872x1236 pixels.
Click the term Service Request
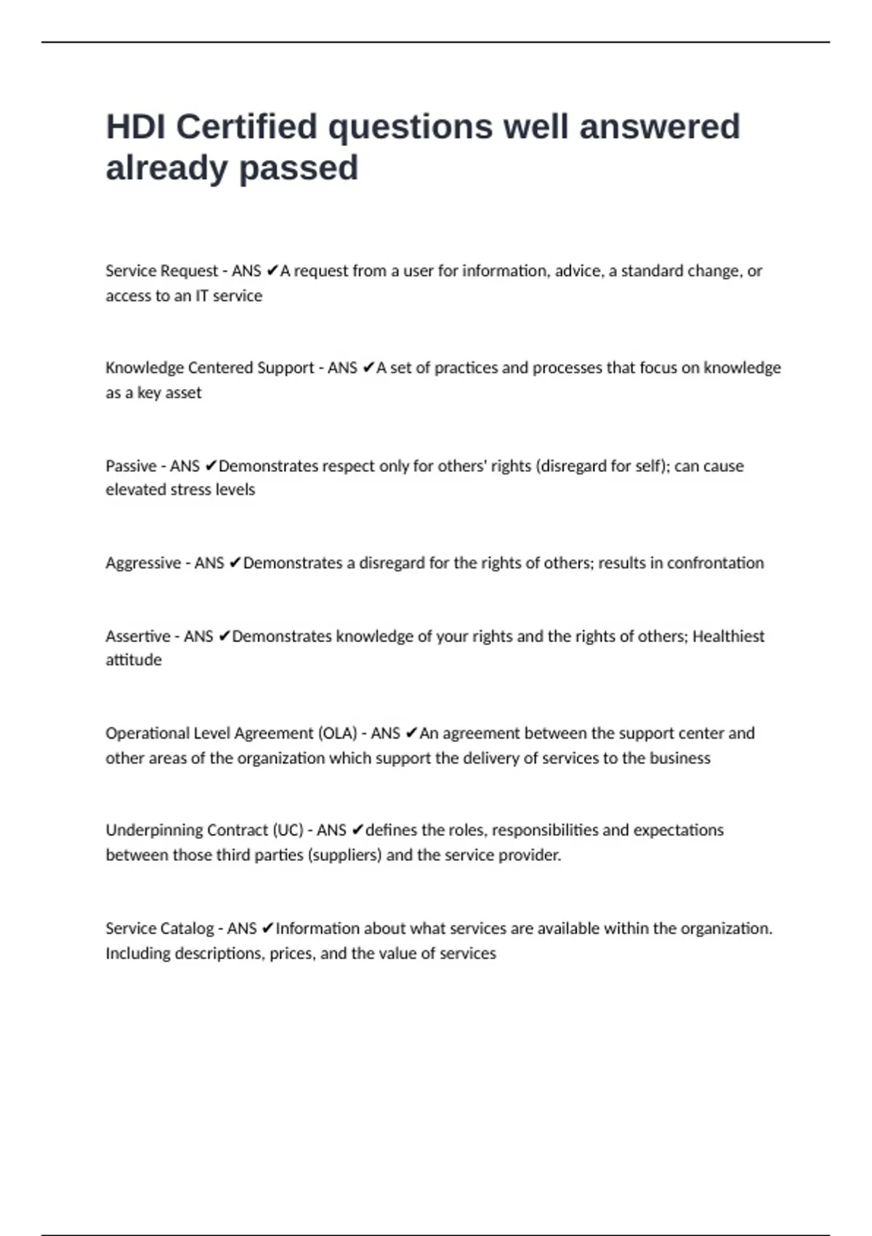tap(161, 271)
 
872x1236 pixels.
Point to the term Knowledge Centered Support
tap(209, 368)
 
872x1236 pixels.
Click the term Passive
tap(131, 466)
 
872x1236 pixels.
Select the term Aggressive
tap(143, 563)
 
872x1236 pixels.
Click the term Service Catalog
tap(159, 928)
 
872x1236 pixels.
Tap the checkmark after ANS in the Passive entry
tap(211, 466)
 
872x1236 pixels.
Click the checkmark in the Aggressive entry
tap(235, 563)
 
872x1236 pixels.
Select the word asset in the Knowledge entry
tap(185, 393)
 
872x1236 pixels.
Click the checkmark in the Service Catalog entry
tap(267, 928)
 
